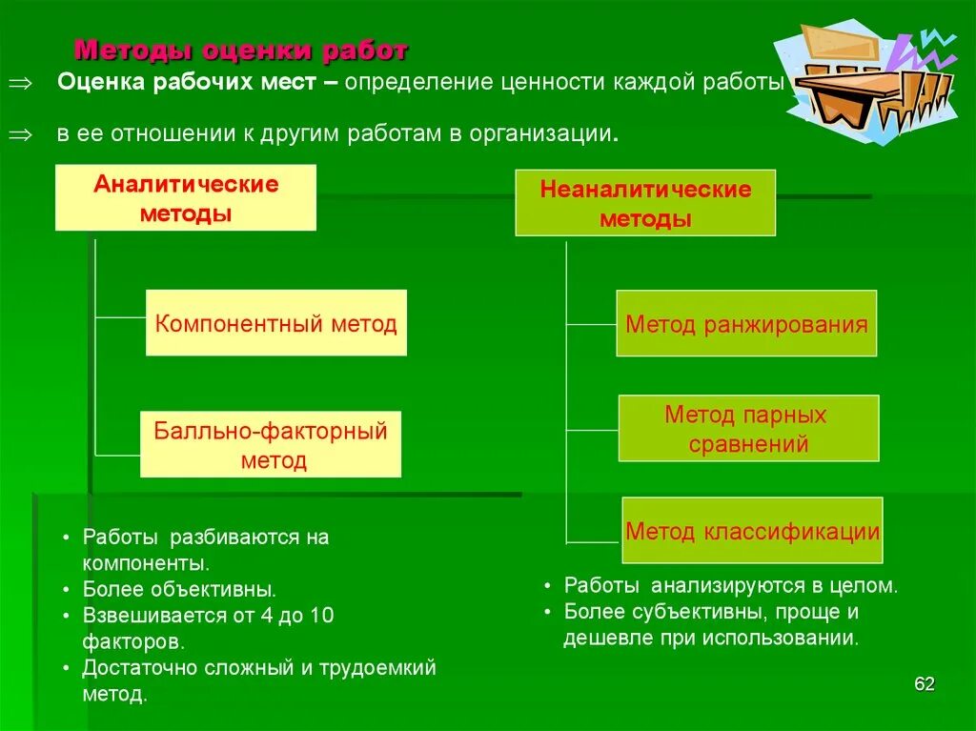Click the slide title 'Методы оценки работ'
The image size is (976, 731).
(241, 49)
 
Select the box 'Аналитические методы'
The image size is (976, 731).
(186, 198)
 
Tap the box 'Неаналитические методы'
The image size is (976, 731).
(645, 203)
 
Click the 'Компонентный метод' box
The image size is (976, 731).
(275, 323)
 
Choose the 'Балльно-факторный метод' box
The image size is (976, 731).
(271, 445)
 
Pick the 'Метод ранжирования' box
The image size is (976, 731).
(746, 324)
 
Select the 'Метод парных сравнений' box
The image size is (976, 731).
(748, 429)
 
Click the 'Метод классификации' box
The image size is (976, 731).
(752, 531)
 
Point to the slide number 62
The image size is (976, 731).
(924, 684)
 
